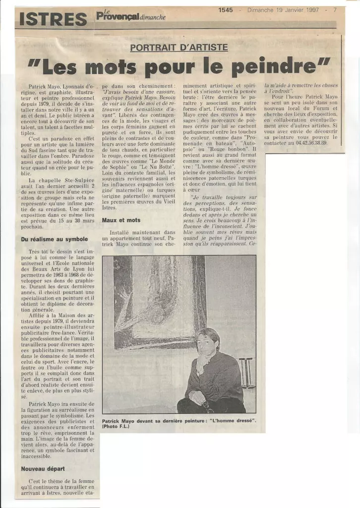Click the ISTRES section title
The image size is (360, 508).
[x=53, y=19]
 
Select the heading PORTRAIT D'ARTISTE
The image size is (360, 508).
[x=179, y=48]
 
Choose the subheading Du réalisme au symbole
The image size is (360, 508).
[x=54, y=239]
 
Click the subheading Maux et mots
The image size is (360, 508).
[x=121, y=220]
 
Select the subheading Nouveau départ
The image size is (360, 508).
[x=43, y=468]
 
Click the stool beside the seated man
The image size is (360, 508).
[x=246, y=372]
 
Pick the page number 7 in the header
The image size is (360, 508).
[x=335, y=9]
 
